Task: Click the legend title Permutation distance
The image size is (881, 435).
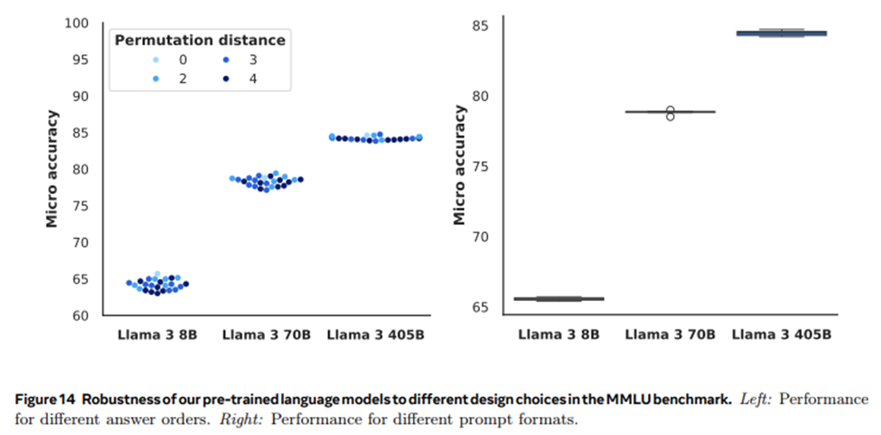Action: point(200,40)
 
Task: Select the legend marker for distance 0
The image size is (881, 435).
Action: point(156,60)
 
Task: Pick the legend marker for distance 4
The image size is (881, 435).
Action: point(226,78)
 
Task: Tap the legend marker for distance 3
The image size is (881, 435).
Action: point(226,60)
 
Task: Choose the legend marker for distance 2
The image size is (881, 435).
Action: point(156,78)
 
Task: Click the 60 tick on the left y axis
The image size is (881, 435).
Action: point(81,316)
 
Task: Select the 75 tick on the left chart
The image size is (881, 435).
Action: point(81,206)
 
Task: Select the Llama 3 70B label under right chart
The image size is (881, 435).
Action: point(669,335)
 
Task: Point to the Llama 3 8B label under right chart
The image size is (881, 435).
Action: point(558,335)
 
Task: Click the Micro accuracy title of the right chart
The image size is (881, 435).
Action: point(460,166)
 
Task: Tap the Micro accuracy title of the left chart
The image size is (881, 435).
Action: point(52,169)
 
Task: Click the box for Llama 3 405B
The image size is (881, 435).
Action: point(781,33)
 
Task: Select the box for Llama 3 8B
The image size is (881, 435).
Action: point(558,299)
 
